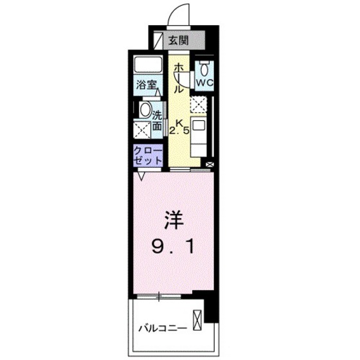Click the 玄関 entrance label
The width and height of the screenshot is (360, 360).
178,40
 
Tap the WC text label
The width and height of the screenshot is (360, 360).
204,83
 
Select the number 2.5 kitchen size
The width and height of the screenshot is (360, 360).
179,130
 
